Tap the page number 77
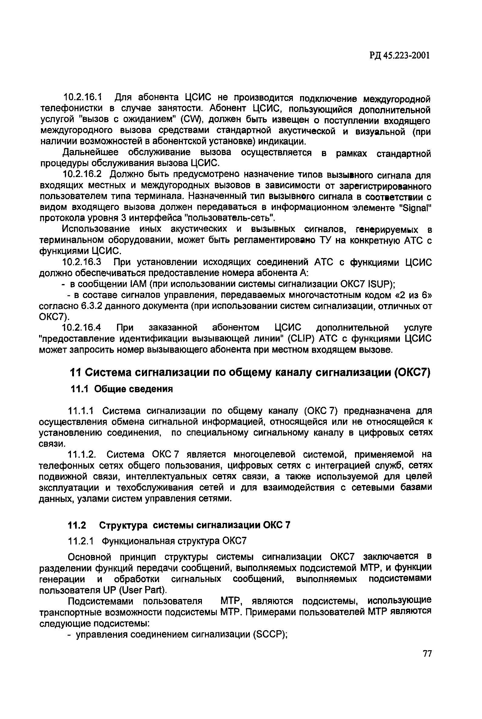pos(427,662)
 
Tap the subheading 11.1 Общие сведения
pos(122,389)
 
